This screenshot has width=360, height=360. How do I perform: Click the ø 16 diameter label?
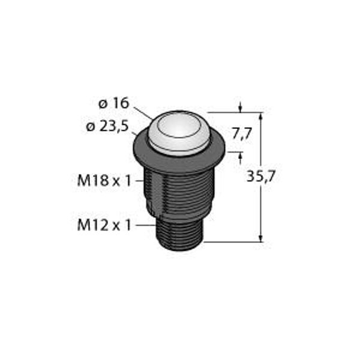[x=114, y=103]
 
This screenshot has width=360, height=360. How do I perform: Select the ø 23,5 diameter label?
[x=107, y=126]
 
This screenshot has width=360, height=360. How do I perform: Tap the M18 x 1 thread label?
[x=104, y=181]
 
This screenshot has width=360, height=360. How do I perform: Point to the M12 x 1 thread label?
[x=104, y=225]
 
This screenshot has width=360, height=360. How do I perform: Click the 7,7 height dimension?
[x=242, y=134]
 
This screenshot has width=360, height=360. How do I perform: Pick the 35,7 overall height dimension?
[x=261, y=176]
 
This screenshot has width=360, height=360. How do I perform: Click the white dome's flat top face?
[x=179, y=126]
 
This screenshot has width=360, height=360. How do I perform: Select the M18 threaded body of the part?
[x=179, y=193]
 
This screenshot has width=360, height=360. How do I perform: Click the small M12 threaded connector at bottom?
[x=179, y=234]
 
